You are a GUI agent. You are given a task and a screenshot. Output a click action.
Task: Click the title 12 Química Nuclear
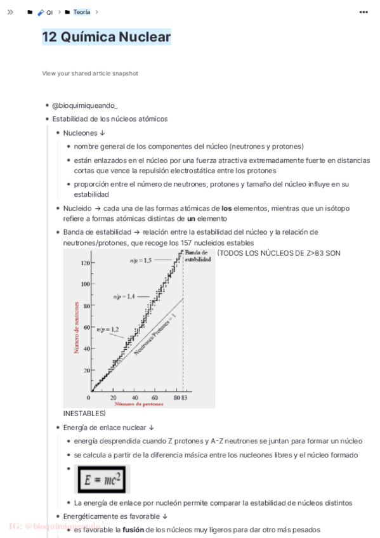pos(107,37)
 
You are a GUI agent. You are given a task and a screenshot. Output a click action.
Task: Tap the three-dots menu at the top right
pos(364,12)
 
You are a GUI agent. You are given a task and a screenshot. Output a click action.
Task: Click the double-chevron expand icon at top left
pos(10,12)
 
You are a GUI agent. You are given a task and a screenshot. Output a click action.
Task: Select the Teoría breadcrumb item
pos(81,12)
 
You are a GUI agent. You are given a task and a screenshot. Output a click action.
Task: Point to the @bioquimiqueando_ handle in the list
pos(85,105)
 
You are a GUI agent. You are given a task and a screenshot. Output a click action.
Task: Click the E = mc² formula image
pos(102,479)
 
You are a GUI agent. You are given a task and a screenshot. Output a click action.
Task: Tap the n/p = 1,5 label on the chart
pos(140,261)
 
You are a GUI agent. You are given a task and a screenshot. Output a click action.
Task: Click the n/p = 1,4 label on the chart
pos(124,296)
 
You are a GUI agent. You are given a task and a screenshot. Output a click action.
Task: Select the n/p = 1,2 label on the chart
pos(107,329)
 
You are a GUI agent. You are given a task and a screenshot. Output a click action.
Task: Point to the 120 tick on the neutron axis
pos(85,262)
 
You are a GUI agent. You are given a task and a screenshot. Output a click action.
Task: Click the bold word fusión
pos(133,529)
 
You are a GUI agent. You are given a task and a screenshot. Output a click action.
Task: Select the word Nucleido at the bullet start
pos(77,208)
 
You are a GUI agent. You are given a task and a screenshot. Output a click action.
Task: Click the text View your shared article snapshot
pos(90,74)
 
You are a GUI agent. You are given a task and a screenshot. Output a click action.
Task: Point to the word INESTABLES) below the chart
pos(84,414)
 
